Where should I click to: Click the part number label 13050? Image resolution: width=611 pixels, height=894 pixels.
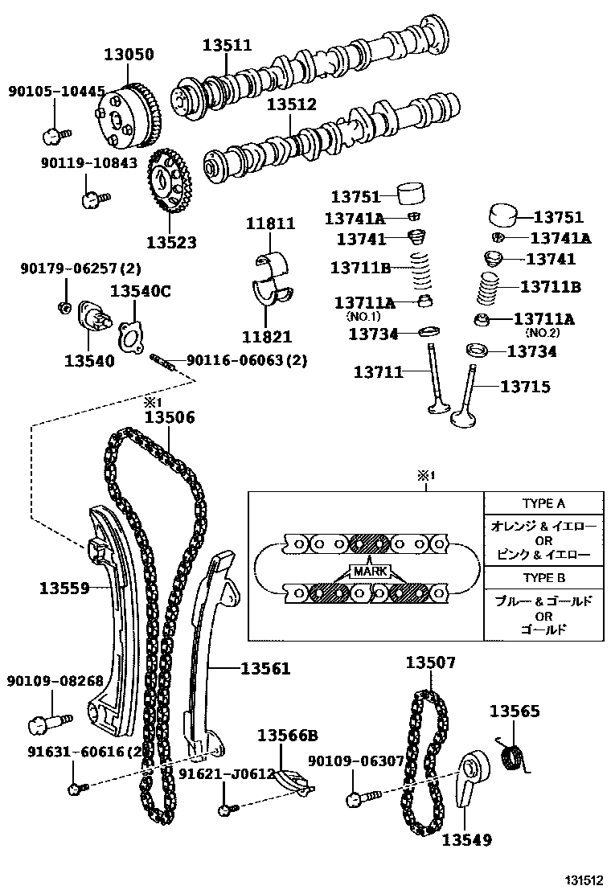point(129,55)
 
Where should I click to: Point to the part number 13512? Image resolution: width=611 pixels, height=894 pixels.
point(292,105)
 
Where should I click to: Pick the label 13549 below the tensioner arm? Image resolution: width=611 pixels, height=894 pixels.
point(466,839)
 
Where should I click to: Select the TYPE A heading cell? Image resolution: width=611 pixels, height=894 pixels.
point(543,503)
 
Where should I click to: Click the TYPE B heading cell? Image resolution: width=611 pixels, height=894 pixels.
point(543,578)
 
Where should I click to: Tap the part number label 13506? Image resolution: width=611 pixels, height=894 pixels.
point(170,417)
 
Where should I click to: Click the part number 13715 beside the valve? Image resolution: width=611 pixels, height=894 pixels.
point(526,387)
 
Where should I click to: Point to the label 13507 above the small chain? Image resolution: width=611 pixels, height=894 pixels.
point(430,662)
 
